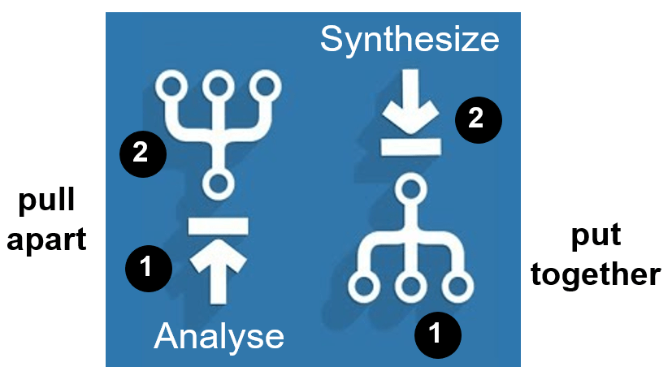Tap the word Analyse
(219, 336)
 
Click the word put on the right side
(595, 235)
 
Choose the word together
(595, 274)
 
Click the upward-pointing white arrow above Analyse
(217, 272)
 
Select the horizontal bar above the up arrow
(217, 225)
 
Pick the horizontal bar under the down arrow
(411, 146)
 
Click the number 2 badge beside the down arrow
(478, 119)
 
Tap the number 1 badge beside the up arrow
(148, 267)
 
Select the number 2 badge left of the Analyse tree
(142, 152)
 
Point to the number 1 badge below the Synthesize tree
(437, 333)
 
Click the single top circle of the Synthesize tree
(411, 191)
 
